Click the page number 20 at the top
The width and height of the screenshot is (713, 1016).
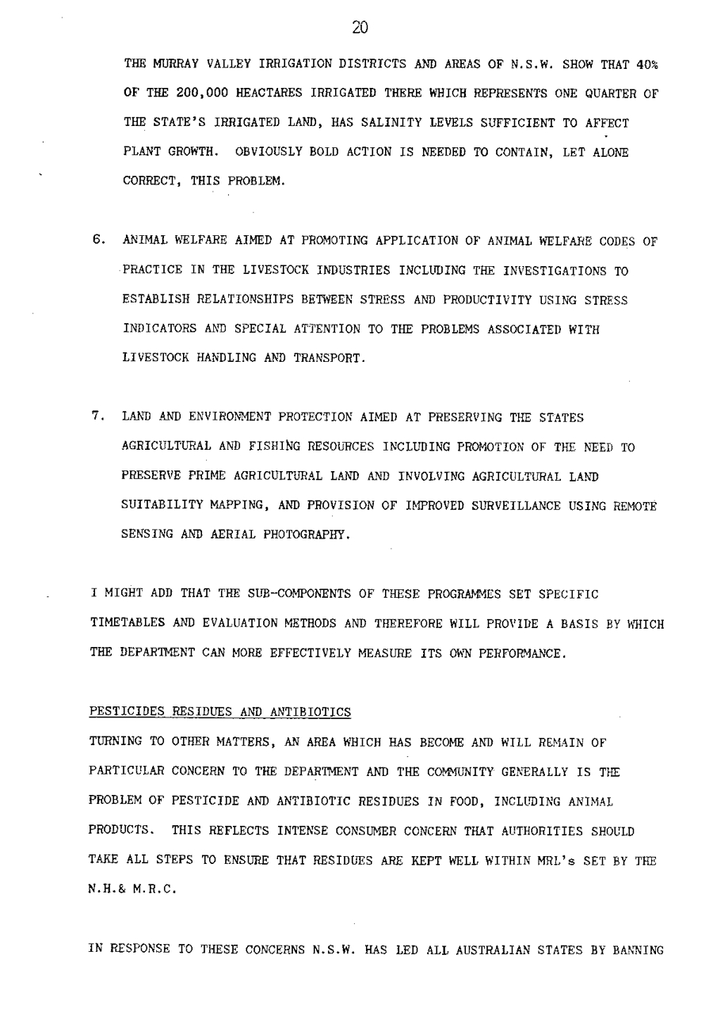(x=360, y=29)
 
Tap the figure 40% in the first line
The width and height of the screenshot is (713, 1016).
(x=647, y=64)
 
